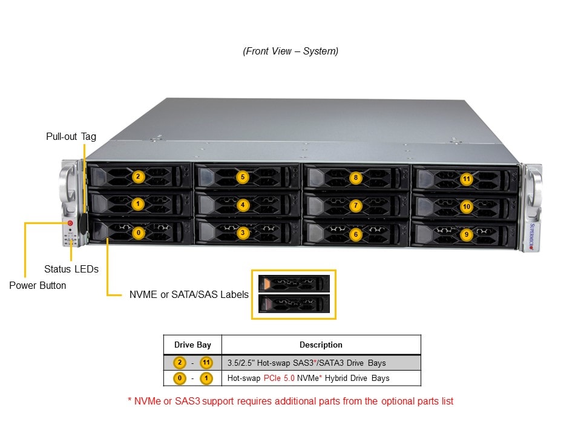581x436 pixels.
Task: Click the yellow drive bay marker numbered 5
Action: point(243,177)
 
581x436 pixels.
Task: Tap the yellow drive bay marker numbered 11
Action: point(466,179)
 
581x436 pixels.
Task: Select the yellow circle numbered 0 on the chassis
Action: point(139,232)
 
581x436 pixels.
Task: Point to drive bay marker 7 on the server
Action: point(355,206)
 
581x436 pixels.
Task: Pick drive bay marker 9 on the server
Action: point(465,234)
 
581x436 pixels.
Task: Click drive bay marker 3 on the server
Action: point(243,233)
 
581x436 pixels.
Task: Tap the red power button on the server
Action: point(70,223)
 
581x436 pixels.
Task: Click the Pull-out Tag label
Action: point(71,136)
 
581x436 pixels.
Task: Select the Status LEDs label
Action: point(71,269)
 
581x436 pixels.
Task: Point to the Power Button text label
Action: point(38,285)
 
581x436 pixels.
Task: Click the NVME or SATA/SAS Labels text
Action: point(189,295)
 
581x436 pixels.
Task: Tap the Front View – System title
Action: point(290,51)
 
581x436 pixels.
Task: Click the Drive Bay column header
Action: point(192,345)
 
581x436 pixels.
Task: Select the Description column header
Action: point(321,345)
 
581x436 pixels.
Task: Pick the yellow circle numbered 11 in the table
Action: point(206,363)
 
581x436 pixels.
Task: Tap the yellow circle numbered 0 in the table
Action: point(179,378)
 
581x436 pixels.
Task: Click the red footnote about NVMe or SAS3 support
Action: point(290,401)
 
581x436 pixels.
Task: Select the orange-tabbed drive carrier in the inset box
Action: point(294,283)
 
